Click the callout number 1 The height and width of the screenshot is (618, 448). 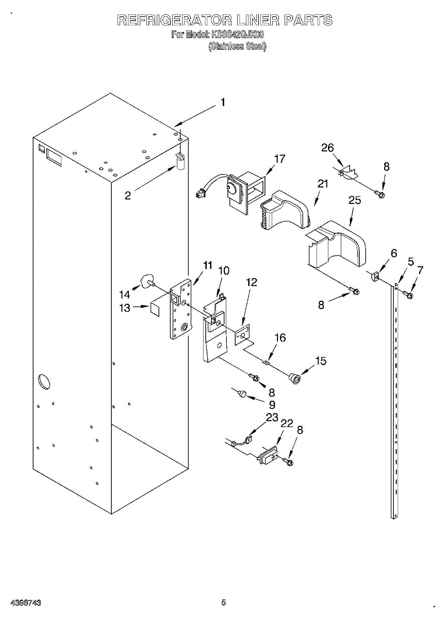tap(223, 102)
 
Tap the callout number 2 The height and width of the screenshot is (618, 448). tap(127, 196)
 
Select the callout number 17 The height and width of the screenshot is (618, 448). tap(279, 159)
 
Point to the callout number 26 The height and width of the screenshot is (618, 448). tap(328, 148)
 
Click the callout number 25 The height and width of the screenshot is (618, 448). tap(355, 200)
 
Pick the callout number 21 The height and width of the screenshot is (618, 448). tap(323, 184)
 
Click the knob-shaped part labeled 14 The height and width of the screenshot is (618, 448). tap(145, 281)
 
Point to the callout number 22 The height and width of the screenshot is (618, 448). tap(286, 423)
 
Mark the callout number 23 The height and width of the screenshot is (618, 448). tap(272, 417)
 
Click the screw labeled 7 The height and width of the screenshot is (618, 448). tap(408, 295)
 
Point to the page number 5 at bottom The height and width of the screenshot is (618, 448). tap(223, 602)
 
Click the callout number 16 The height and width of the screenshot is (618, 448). tap(279, 338)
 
